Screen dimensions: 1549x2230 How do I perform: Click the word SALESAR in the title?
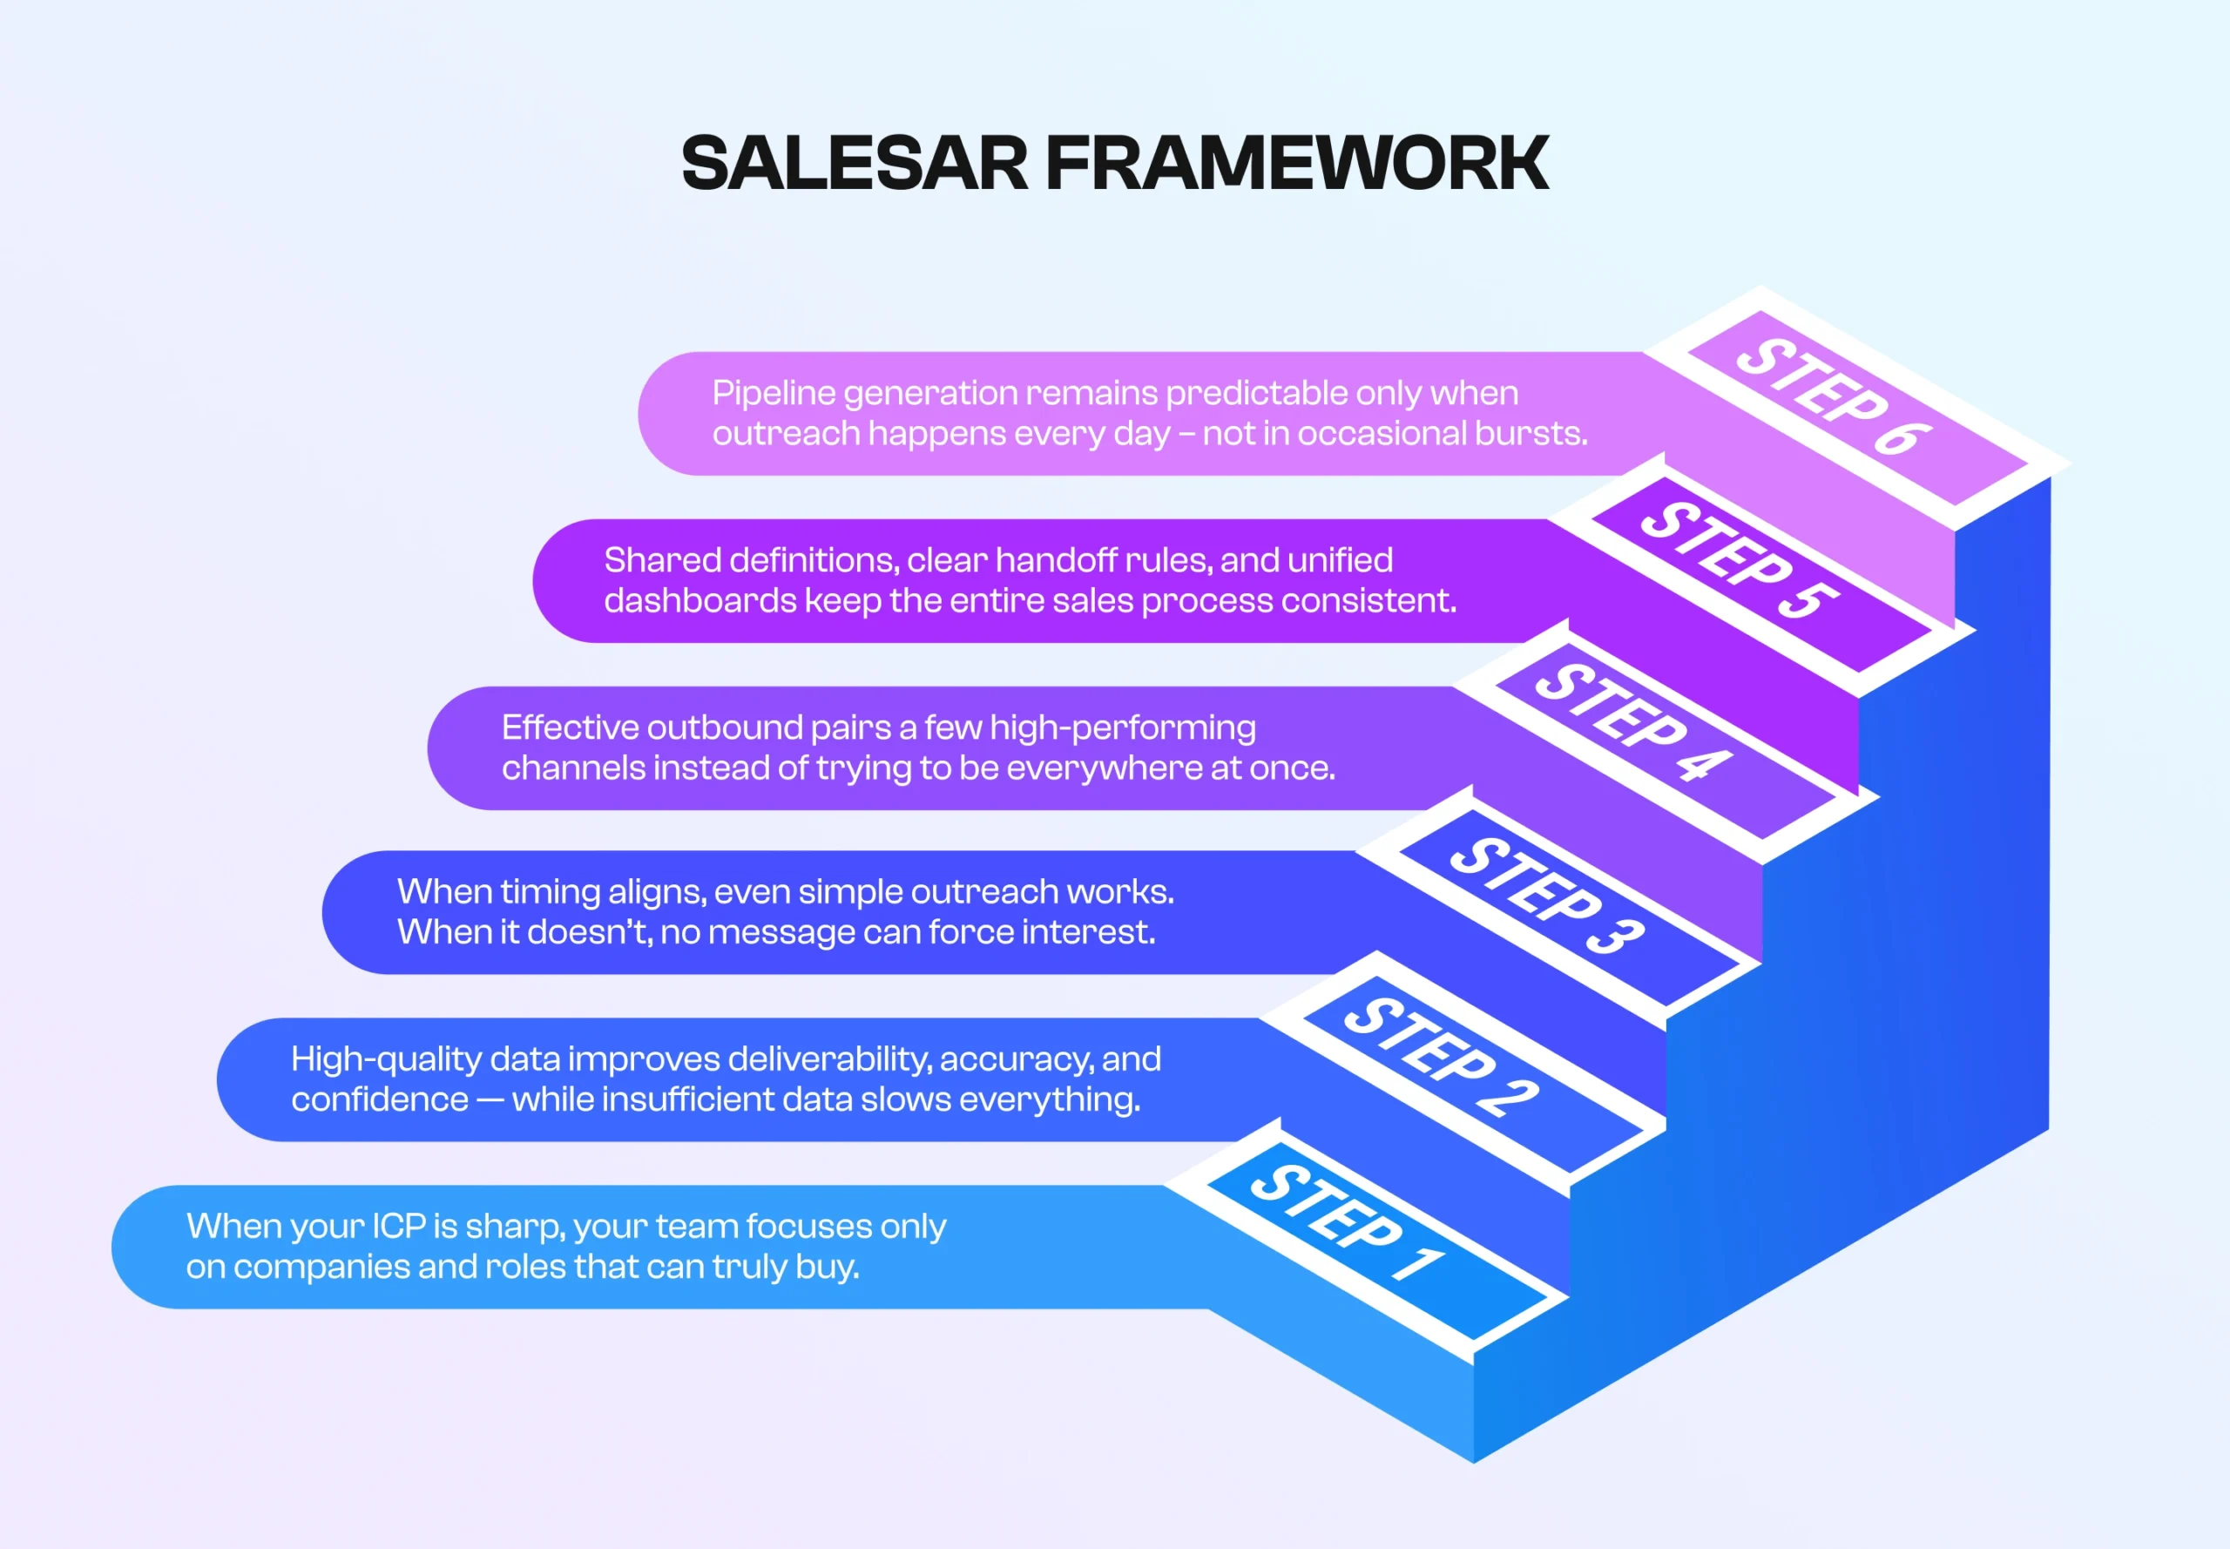(x=854, y=163)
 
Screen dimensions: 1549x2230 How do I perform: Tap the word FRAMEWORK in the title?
(x=1296, y=163)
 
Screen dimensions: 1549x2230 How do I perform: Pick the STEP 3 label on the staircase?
(x=1547, y=895)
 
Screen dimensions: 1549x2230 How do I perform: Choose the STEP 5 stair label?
(x=1739, y=561)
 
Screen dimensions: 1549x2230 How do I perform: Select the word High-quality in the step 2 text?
(x=385, y=1059)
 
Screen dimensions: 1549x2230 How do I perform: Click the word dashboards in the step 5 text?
(x=699, y=601)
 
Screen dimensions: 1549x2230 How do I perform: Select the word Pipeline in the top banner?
(x=774, y=393)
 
